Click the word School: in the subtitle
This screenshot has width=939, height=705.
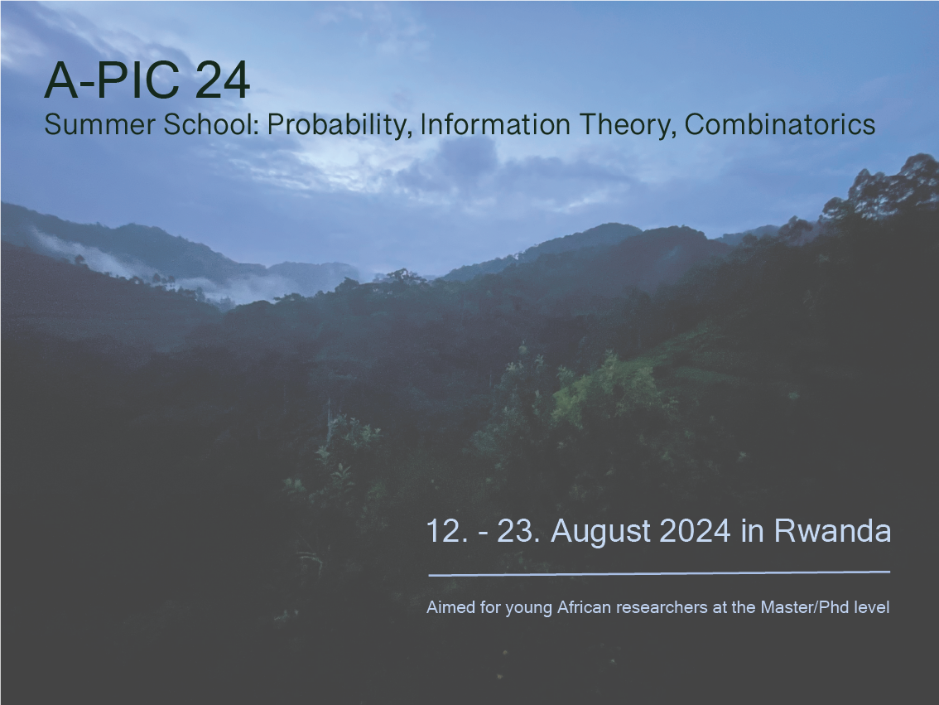click(211, 124)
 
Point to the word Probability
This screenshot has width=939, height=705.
click(339, 126)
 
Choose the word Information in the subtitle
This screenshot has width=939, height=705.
click(495, 124)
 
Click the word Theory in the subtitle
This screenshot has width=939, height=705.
click(628, 126)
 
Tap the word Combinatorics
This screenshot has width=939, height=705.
click(780, 124)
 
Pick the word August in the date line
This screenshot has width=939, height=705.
click(600, 532)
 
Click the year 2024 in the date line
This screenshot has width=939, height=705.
click(696, 531)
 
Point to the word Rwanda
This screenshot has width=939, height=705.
click(832, 531)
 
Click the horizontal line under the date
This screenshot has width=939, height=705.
click(659, 574)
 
